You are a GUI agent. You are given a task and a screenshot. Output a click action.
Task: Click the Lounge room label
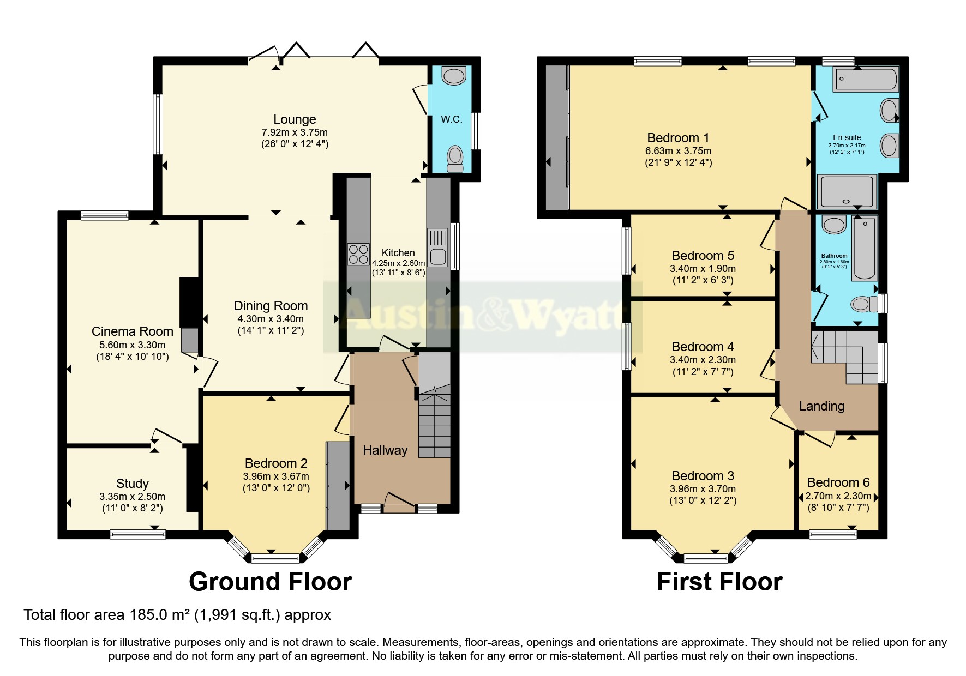[x=295, y=119]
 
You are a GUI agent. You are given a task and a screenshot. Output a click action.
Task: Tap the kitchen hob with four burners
[x=358, y=254]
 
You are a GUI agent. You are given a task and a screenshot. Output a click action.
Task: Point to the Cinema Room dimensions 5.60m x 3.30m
[x=132, y=345]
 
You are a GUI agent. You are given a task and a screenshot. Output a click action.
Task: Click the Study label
[x=132, y=484]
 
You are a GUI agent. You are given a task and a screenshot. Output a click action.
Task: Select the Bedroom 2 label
[x=276, y=463]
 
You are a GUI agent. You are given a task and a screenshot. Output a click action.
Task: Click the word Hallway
[x=385, y=450]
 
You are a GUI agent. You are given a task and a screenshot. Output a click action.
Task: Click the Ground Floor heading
[x=270, y=582]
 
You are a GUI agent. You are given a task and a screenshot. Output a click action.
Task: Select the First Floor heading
[x=719, y=582]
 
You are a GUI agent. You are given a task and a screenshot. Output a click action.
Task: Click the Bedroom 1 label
[x=678, y=138]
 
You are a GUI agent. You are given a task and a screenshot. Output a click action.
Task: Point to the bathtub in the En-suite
[x=865, y=79]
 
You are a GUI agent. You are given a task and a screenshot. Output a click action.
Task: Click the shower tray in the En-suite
[x=847, y=192]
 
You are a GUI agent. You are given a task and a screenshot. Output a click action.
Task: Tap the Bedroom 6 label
[x=838, y=482]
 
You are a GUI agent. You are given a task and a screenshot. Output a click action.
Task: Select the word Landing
[x=821, y=406]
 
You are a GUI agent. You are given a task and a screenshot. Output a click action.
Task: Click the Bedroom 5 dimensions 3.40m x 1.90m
[x=703, y=269]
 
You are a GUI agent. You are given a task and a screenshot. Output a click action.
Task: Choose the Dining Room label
[x=271, y=306]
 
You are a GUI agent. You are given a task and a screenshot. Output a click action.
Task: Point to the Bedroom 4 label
[x=703, y=347]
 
